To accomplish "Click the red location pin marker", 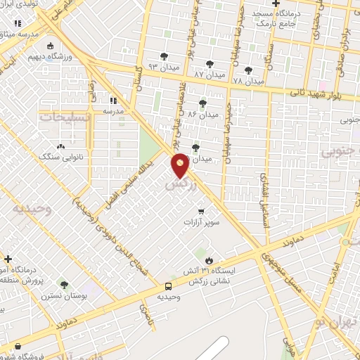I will tap(180, 165).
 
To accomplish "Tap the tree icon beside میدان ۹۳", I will tap(164, 56).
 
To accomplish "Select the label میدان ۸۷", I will tap(210, 73).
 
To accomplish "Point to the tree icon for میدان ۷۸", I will tap(248, 70).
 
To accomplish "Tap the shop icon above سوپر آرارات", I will tap(202, 210).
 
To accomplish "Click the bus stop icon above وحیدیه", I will tap(168, 286).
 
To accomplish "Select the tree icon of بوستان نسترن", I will tap(64, 285).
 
